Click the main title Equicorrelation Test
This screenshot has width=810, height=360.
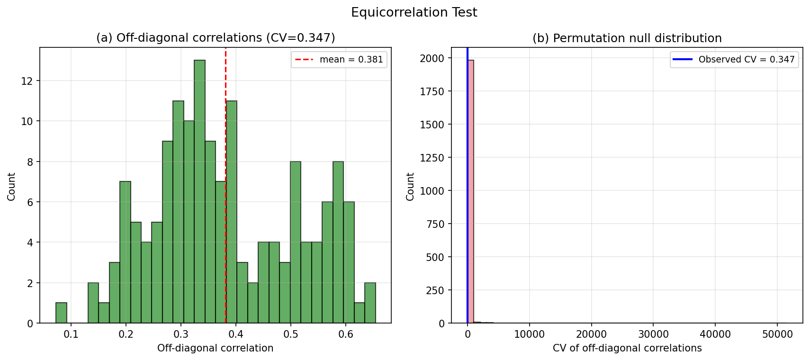click(x=414, y=13)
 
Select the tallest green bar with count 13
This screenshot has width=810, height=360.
click(x=199, y=192)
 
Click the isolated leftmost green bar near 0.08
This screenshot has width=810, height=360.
click(x=61, y=313)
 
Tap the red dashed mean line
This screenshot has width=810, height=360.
click(x=225, y=142)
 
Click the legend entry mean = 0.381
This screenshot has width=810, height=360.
click(x=339, y=60)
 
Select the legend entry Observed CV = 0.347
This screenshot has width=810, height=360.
click(x=734, y=60)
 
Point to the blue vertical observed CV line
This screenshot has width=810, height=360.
click(x=468, y=189)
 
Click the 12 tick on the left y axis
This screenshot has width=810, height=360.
click(x=27, y=81)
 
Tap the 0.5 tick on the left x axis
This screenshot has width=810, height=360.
click(x=291, y=334)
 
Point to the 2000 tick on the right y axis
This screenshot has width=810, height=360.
click(x=432, y=58)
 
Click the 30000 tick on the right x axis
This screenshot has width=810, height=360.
click(x=653, y=334)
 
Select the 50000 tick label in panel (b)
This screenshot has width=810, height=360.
click(x=777, y=334)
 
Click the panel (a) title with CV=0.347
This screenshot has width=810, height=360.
click(x=216, y=38)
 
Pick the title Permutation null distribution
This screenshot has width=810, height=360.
click(x=627, y=38)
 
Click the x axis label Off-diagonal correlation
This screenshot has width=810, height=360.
click(x=215, y=349)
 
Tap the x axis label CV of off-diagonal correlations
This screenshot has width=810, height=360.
click(x=627, y=349)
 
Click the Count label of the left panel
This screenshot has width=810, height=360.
click(x=12, y=187)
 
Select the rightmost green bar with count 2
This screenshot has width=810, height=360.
click(x=370, y=303)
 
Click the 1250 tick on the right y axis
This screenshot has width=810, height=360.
click(x=432, y=158)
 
